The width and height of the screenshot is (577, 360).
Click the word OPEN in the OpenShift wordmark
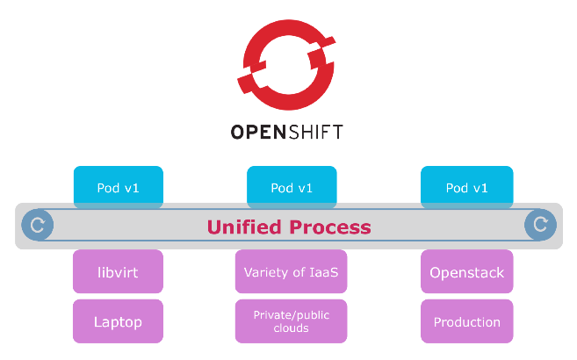256,133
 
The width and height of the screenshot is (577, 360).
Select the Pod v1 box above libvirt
118,187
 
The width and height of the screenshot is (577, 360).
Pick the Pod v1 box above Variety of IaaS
292,187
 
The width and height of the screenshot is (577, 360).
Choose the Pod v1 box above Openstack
466,187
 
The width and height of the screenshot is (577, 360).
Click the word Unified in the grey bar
244,227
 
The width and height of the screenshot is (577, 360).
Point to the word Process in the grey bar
330,227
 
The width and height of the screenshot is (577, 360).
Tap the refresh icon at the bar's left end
38,226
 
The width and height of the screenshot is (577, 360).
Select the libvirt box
118,272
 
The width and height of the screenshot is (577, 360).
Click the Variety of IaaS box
292,272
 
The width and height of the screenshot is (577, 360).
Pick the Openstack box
466,272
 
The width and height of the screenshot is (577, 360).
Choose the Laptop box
118,321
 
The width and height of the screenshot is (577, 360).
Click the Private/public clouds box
292,321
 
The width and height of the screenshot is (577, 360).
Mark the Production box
466,321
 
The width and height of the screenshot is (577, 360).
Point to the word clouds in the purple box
292,329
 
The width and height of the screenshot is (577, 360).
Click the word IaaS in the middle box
322,272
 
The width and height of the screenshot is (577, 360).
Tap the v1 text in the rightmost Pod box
480,187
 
